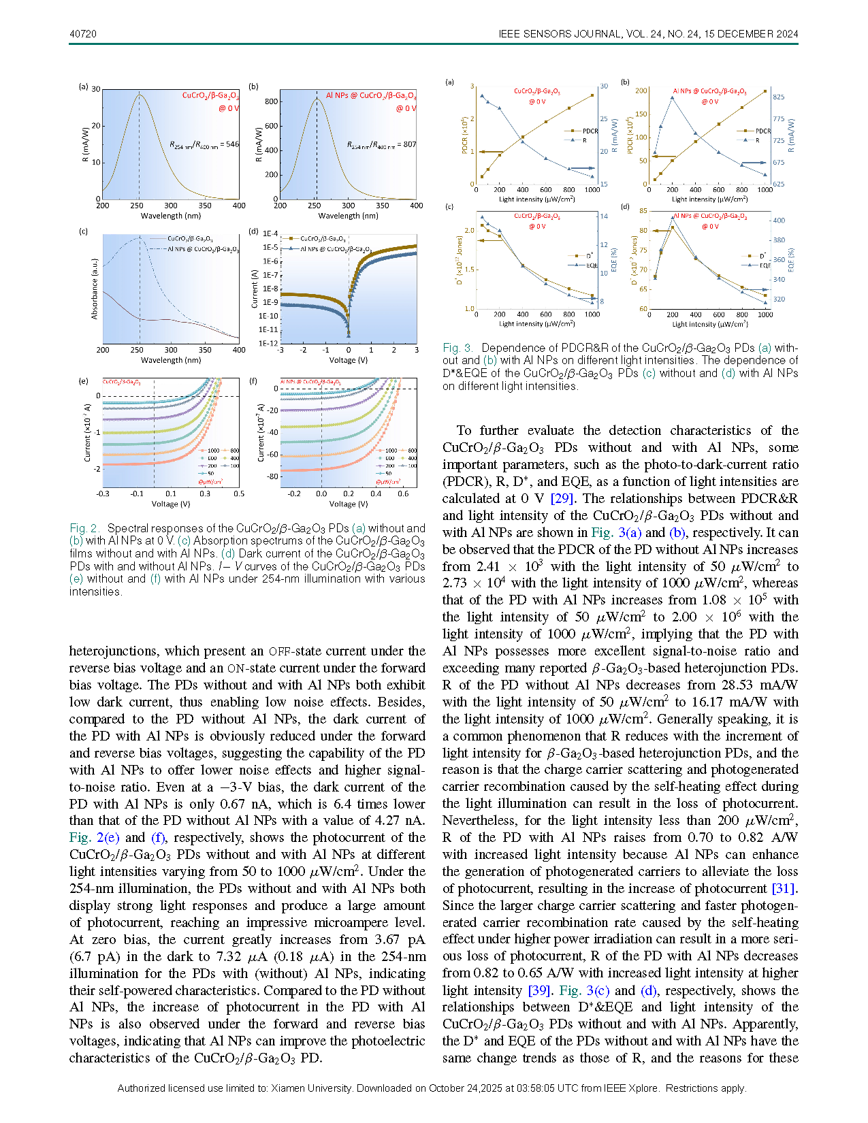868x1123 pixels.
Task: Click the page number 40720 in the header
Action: point(83,34)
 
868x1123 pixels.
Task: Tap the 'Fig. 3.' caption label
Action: point(458,348)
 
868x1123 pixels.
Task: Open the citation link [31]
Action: point(784,889)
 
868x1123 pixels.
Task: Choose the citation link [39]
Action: point(539,991)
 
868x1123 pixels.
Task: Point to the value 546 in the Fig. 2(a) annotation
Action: point(232,144)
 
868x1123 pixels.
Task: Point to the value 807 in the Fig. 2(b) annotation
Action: point(409,144)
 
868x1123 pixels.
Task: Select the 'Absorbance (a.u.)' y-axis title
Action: point(95,289)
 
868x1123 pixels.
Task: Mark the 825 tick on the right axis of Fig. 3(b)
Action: point(778,97)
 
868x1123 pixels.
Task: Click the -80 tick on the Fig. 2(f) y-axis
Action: point(272,476)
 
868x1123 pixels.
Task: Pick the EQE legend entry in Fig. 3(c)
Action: point(591,266)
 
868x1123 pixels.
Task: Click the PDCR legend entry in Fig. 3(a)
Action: point(590,131)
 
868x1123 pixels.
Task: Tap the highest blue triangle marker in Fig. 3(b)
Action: point(672,97)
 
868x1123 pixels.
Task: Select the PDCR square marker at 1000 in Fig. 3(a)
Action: point(592,95)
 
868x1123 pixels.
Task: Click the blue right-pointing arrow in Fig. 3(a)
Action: point(582,167)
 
